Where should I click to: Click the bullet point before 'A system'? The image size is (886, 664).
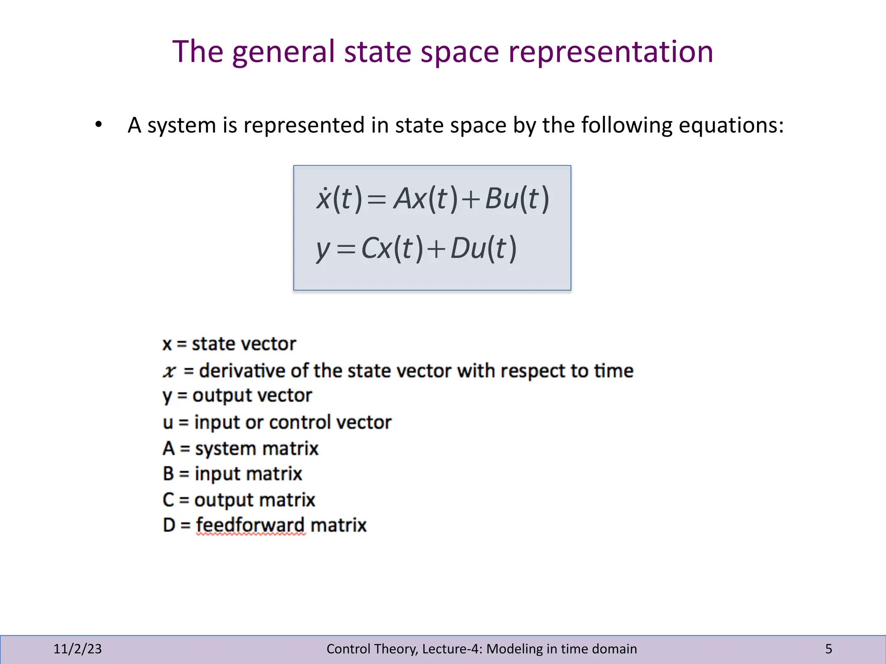pos(99,125)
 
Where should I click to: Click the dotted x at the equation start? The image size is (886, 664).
pos(324,198)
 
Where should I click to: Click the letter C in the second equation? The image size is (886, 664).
pos(369,249)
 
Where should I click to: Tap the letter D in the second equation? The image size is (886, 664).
pos(460,249)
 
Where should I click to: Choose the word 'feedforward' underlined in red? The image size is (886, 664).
pos(250,525)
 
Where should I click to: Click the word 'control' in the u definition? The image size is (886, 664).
pos(300,422)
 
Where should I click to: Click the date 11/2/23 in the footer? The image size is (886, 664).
pos(77,649)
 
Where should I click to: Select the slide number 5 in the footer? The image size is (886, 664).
pos(828,649)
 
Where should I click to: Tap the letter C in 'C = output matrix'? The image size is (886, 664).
pos(168,500)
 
